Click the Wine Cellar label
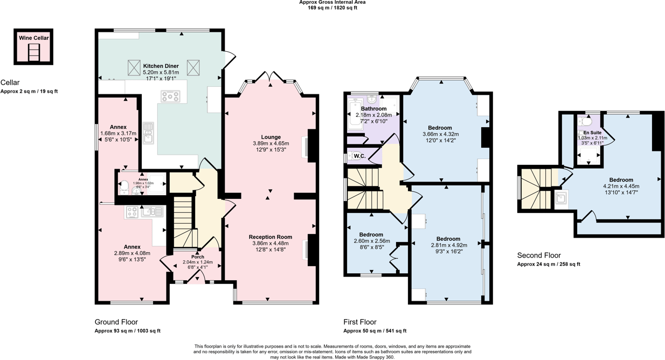pyautogui.click(x=34, y=38)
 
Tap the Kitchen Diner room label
pyautogui.click(x=161, y=66)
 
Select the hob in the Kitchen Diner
pyautogui.click(x=170, y=96)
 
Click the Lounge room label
pyautogui.click(x=271, y=137)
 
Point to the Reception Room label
pyautogui.click(x=271, y=237)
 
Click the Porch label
pyautogui.click(x=198, y=257)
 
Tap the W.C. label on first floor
pyautogui.click(x=359, y=156)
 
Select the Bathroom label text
pyautogui.click(x=373, y=108)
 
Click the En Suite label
pyautogui.click(x=592, y=132)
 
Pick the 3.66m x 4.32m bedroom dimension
pyautogui.click(x=440, y=134)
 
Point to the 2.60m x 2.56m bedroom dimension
pyautogui.click(x=371, y=241)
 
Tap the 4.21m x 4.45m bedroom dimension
pyautogui.click(x=621, y=186)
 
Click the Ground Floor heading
pyautogui.click(x=116, y=322)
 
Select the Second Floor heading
pyautogui.click(x=539, y=255)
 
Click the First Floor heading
pyautogui.click(x=360, y=322)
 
